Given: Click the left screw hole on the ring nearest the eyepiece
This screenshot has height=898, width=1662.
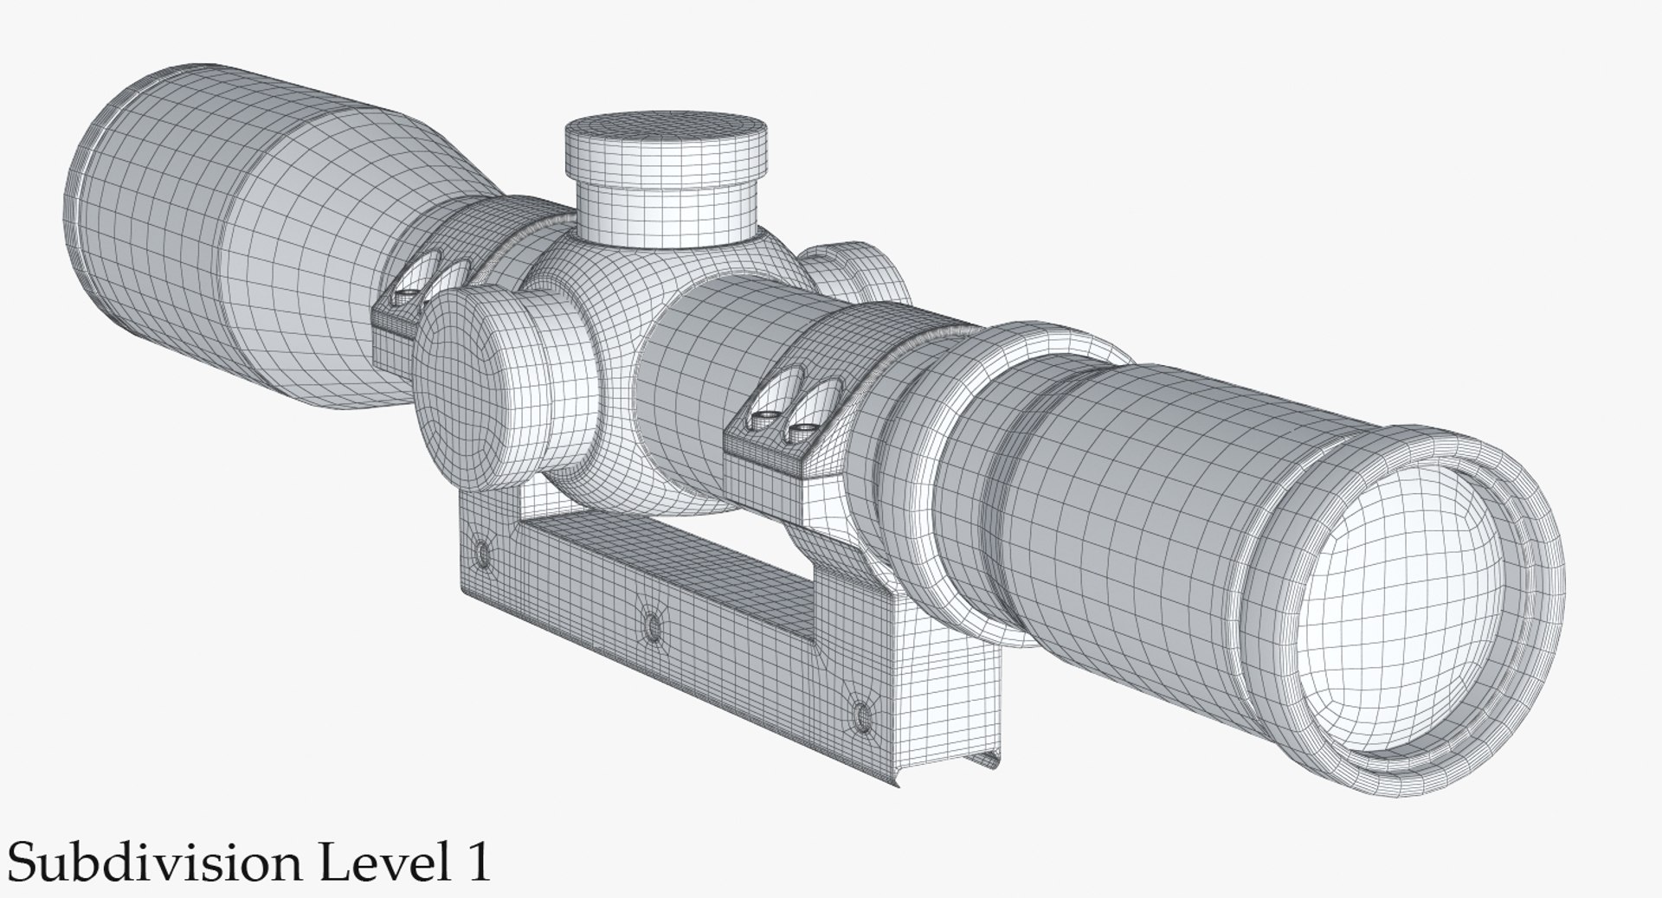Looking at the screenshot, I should (x=764, y=418).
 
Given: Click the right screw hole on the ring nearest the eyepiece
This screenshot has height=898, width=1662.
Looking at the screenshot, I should (x=804, y=428).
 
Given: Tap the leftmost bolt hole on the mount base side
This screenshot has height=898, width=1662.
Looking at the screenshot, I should (x=481, y=550).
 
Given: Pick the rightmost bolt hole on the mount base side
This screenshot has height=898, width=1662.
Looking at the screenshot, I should (x=860, y=714).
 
